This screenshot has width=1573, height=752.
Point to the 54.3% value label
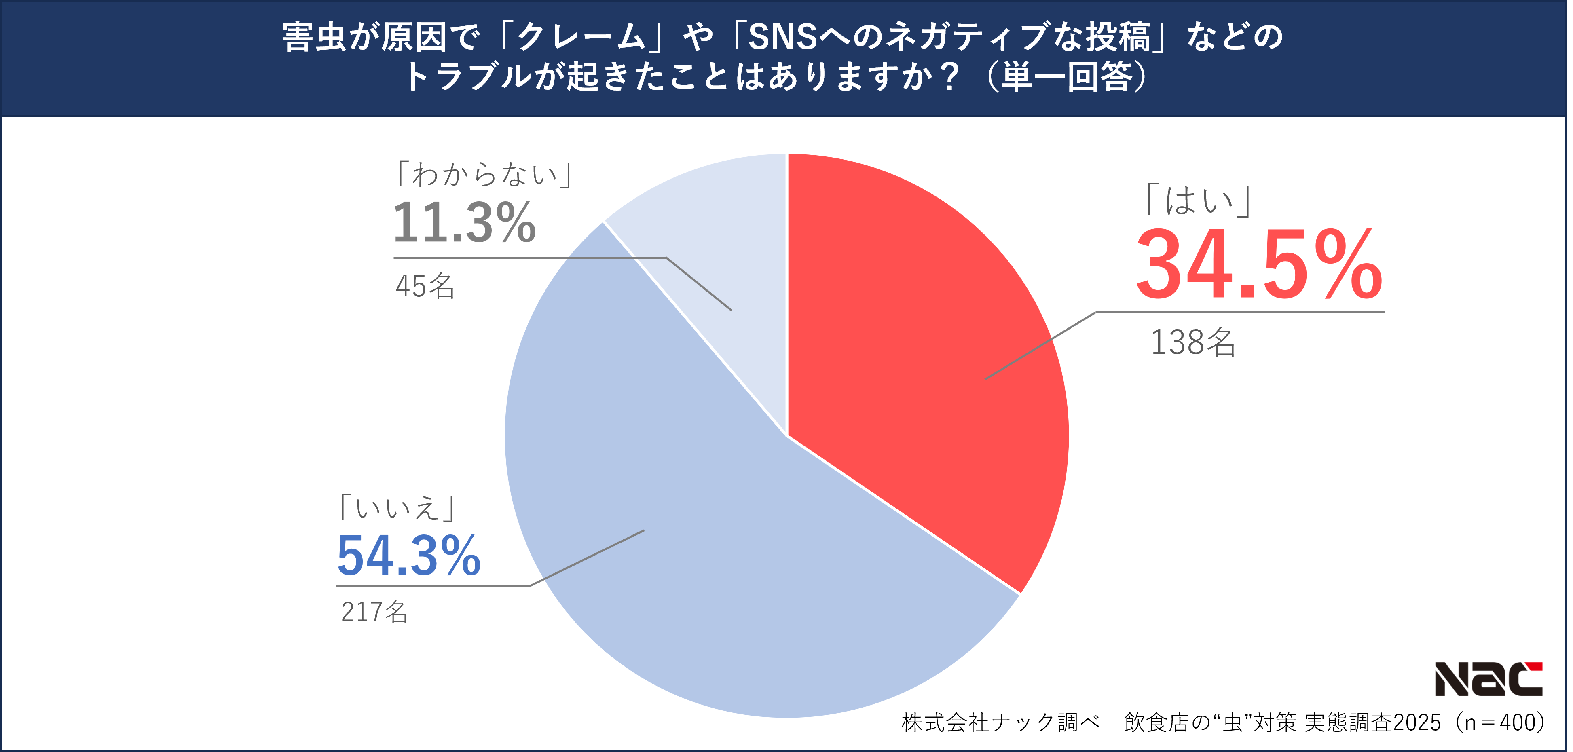click(408, 556)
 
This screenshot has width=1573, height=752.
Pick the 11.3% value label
click(464, 223)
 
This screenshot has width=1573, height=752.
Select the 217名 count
click(374, 612)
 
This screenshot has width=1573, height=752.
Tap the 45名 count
click(425, 286)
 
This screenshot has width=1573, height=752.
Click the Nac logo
click(1488, 679)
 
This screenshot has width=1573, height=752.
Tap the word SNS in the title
click(783, 37)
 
